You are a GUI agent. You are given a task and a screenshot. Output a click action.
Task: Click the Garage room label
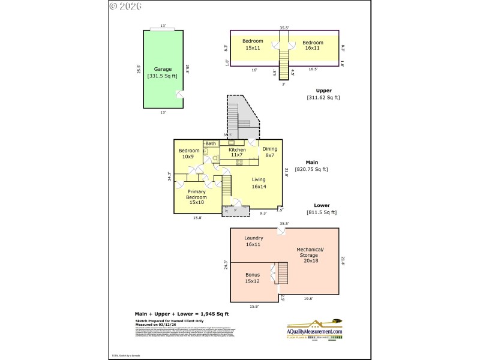click(163, 73)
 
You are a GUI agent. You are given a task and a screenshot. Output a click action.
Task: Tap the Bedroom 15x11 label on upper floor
click(253, 45)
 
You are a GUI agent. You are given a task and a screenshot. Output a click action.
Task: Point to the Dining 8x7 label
click(270, 152)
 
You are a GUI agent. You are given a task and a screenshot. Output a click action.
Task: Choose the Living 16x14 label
click(259, 183)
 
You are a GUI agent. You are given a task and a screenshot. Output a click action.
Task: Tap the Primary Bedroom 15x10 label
click(197, 197)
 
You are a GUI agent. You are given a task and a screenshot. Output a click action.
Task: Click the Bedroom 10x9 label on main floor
click(188, 153)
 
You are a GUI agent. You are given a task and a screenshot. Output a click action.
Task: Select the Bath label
click(211, 144)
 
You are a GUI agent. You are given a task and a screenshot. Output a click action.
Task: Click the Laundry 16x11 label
click(254, 241)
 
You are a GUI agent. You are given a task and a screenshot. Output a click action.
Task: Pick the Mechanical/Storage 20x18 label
click(310, 256)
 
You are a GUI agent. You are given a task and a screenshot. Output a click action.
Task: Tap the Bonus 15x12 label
click(252, 278)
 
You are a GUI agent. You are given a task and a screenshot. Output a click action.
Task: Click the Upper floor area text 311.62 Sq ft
click(323, 97)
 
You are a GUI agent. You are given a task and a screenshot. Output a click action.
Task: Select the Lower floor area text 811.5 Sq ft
click(322, 212)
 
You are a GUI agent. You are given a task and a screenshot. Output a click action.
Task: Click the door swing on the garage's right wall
click(179, 95)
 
